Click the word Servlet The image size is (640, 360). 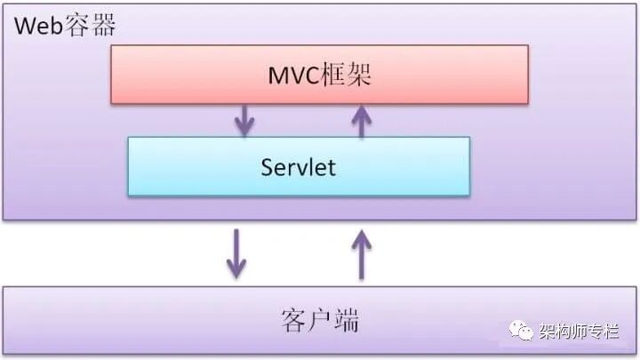point(299,166)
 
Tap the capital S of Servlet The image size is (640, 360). point(268,166)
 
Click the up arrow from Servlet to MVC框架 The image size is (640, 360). point(361,120)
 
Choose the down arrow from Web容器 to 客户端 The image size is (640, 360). point(236,253)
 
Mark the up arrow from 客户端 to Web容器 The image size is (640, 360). point(361,253)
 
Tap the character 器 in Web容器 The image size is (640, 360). point(102,24)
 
